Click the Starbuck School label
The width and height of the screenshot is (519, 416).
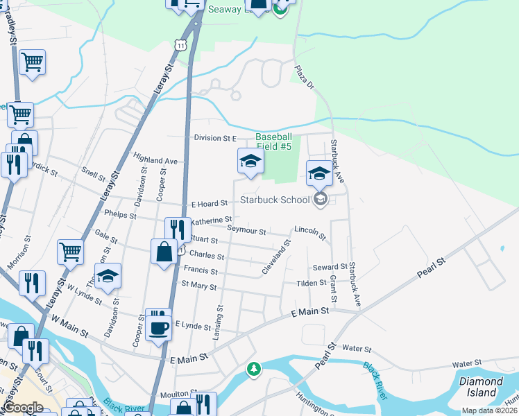(x=275, y=200)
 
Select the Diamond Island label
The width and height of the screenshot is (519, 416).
(x=481, y=387)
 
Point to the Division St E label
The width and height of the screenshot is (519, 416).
(x=215, y=138)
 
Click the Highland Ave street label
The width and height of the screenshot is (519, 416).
(x=157, y=160)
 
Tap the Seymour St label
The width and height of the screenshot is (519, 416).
(x=246, y=230)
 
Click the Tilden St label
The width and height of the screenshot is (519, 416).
(x=312, y=283)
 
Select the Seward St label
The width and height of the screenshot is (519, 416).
(x=330, y=267)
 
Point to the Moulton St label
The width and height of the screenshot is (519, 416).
(x=175, y=395)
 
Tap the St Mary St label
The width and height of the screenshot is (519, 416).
(x=199, y=286)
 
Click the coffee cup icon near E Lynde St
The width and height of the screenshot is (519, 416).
(x=159, y=327)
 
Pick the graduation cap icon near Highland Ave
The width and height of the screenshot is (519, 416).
(x=250, y=162)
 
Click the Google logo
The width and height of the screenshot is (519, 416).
(x=23, y=408)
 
